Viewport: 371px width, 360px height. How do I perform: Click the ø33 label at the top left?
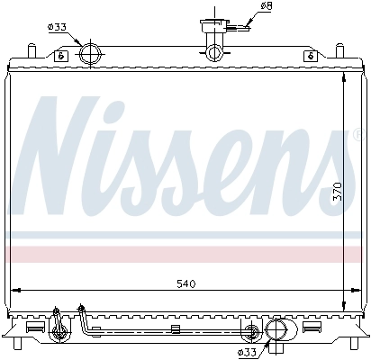click(57, 26)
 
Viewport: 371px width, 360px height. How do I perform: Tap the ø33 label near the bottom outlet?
click(246, 351)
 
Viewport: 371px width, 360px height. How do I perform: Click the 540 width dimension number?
click(185, 283)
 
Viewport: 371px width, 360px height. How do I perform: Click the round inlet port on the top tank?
click(90, 54)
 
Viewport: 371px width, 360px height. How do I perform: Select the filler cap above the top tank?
click(213, 26)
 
